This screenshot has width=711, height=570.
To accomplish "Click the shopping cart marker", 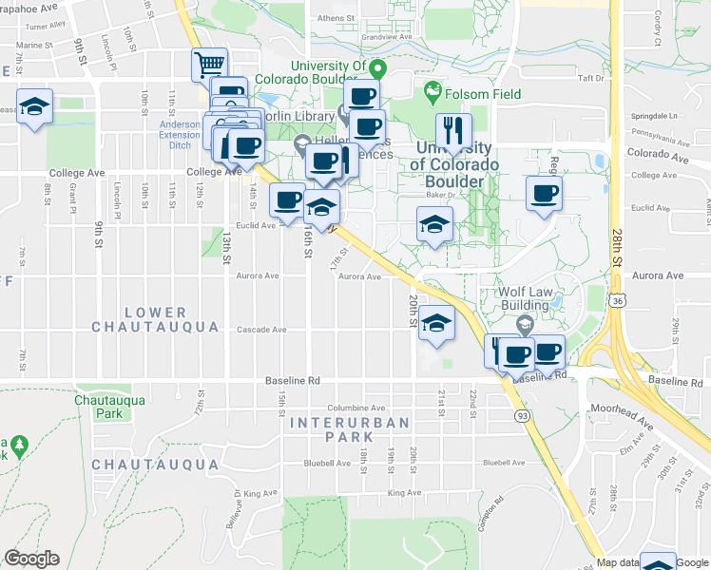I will tap(209, 66).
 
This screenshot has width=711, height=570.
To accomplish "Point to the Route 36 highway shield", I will tap(617, 300).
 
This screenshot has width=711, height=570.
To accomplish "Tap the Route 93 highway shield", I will tap(521, 416).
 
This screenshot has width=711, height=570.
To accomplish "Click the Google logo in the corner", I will tap(31, 559).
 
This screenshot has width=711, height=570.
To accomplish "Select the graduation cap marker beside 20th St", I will tap(436, 324).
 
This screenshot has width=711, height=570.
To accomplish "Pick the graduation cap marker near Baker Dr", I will tap(434, 225).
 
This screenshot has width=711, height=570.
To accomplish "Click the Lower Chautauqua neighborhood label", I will tap(140, 319).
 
